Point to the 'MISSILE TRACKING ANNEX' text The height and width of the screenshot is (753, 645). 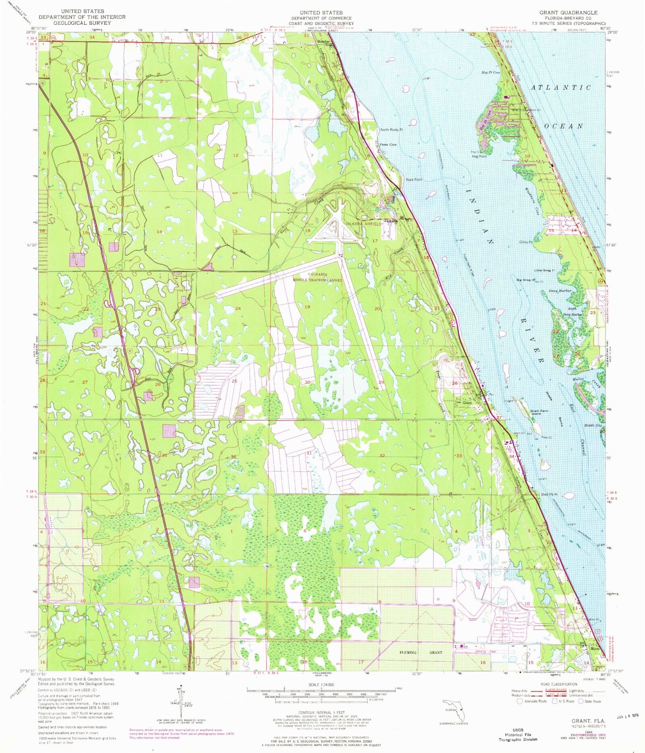point(317,280)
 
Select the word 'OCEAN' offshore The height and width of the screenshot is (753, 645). point(564,126)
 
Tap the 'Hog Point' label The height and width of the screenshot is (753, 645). point(479,156)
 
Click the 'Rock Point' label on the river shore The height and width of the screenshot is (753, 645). point(413,180)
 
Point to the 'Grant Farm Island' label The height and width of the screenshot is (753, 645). point(539,412)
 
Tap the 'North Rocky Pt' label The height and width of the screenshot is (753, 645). point(391,130)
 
